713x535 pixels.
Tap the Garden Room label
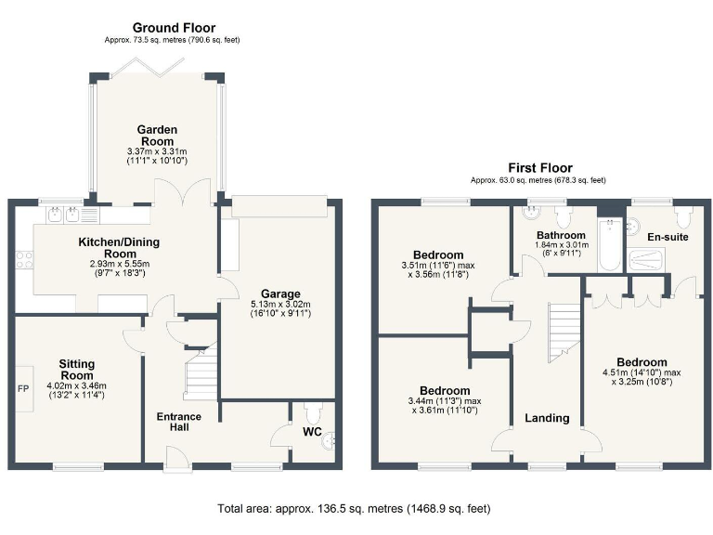(157, 129)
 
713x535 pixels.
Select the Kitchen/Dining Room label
(118, 247)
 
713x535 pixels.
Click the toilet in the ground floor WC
(311, 411)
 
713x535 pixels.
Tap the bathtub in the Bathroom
(608, 245)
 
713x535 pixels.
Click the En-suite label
(668, 238)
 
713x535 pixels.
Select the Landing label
(547, 418)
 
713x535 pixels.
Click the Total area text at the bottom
(354, 509)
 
